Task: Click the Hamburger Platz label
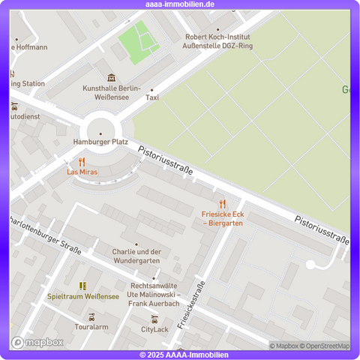(100, 141)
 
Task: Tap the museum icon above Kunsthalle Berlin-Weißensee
(112, 77)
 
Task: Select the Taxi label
(152, 97)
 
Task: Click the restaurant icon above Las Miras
(82, 161)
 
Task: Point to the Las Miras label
(82, 172)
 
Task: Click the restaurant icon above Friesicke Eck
(222, 204)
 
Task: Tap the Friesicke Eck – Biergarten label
(222, 218)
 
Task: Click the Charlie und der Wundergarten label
(136, 256)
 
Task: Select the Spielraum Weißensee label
(83, 296)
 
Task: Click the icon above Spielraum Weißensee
(83, 285)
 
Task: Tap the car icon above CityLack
(154, 319)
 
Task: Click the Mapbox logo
(37, 342)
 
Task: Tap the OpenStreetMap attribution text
(325, 346)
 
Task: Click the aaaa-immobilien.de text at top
(180, 4)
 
